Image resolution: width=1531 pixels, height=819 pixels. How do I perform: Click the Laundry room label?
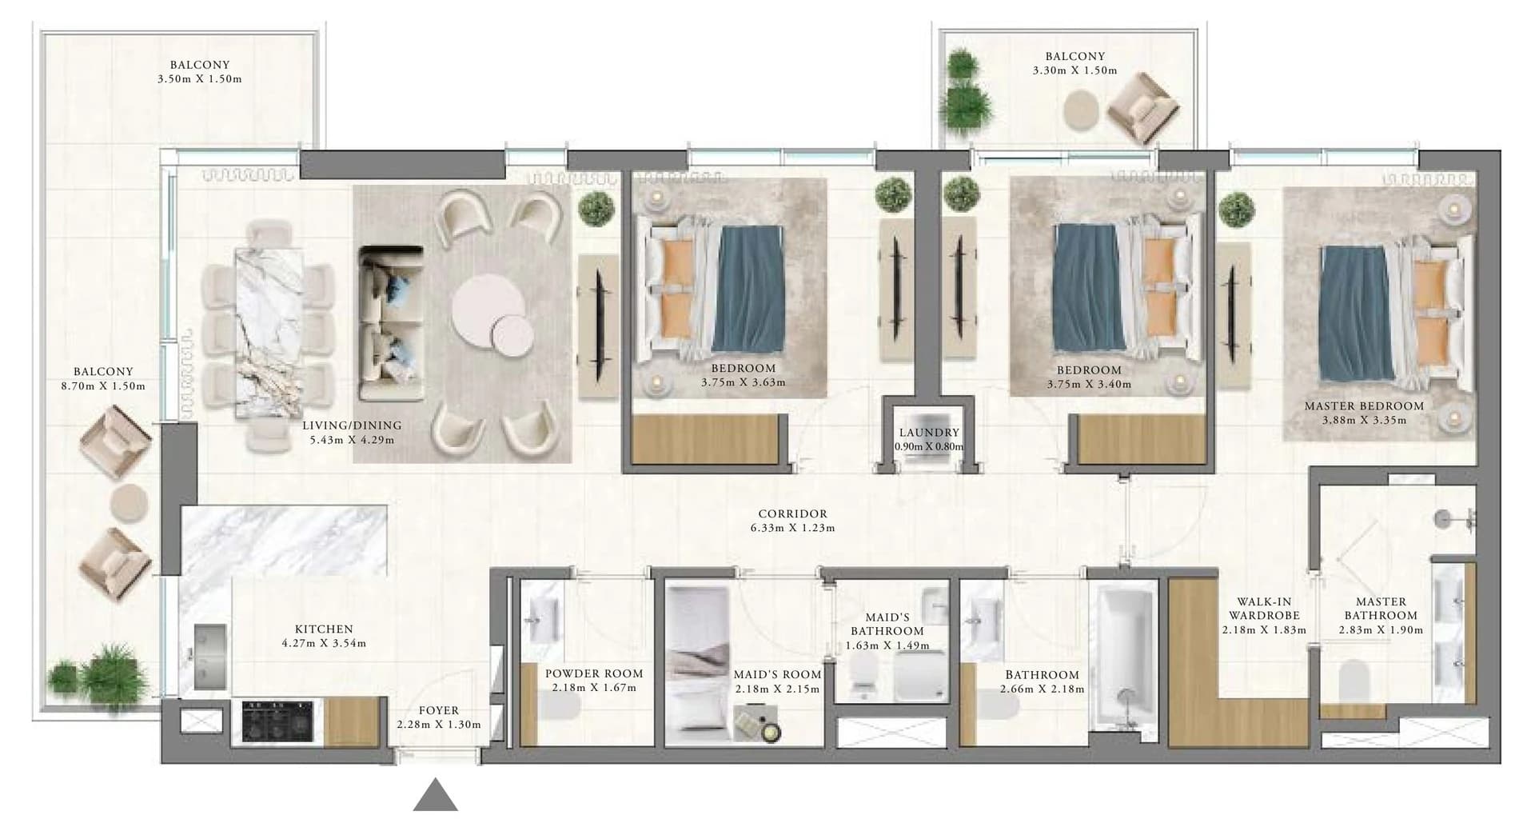click(x=928, y=433)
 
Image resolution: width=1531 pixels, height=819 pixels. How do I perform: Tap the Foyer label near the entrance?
click(x=439, y=710)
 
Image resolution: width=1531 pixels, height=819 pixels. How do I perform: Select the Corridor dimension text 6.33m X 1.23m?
click(x=792, y=528)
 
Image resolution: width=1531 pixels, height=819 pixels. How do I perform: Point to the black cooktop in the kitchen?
click(x=277, y=724)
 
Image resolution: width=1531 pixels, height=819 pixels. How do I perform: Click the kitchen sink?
click(x=210, y=657)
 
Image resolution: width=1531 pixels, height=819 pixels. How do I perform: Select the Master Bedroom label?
click(x=1364, y=406)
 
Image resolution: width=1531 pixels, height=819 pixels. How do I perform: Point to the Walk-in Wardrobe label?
click(x=1264, y=609)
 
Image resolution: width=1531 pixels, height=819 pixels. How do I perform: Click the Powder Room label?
click(x=594, y=673)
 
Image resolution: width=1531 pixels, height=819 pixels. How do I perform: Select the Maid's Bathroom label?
click(x=887, y=624)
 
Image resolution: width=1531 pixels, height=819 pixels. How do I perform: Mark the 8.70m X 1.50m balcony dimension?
click(x=103, y=386)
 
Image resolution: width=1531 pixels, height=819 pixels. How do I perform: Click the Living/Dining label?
click(x=352, y=425)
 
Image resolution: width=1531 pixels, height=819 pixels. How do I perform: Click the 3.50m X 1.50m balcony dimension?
click(x=199, y=79)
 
